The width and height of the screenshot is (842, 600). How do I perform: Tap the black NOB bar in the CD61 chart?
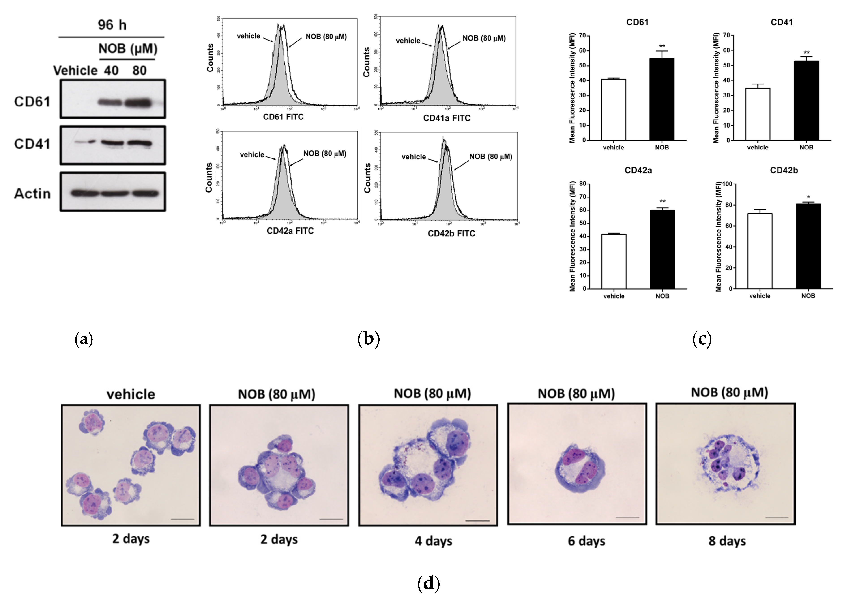(x=662, y=99)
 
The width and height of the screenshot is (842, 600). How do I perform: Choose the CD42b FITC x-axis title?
(x=451, y=234)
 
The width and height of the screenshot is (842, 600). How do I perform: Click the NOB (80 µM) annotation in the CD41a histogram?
(x=484, y=38)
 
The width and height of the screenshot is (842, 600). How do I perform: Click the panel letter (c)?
(x=702, y=339)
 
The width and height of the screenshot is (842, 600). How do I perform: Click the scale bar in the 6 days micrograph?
(x=627, y=518)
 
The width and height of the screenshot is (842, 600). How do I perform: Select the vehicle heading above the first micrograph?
(x=131, y=394)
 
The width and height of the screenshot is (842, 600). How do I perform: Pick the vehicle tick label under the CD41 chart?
(x=758, y=147)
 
